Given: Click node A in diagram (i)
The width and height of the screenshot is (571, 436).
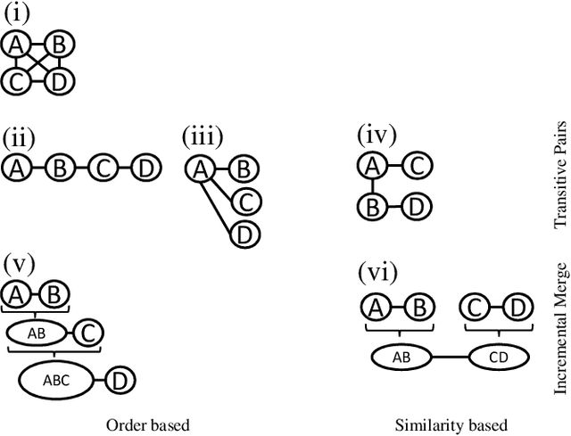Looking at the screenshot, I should [15, 44].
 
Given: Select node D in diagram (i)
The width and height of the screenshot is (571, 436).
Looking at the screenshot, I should [57, 83].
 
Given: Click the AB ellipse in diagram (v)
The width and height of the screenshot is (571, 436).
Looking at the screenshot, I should [37, 333].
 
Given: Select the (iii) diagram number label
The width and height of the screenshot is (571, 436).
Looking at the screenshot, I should [203, 138].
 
